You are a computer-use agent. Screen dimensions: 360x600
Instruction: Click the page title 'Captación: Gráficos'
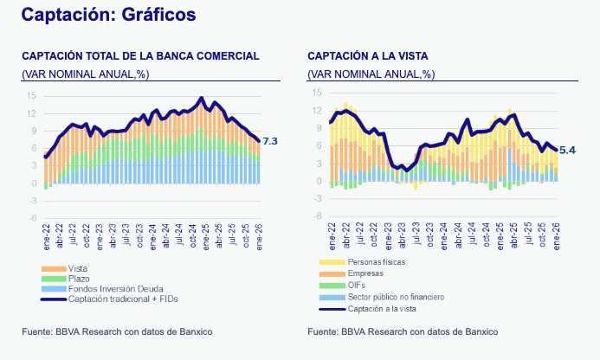point(108,15)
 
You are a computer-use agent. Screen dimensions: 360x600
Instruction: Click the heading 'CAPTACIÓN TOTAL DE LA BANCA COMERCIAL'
point(140,55)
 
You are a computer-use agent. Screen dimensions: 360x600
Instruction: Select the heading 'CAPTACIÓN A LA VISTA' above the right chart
point(367,55)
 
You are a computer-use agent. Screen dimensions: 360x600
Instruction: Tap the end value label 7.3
point(270,141)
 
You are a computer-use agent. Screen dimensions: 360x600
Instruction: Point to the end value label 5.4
point(567,151)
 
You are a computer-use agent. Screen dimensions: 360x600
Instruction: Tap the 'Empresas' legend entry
point(367,273)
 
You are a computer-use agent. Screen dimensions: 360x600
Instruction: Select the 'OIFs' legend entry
point(358,285)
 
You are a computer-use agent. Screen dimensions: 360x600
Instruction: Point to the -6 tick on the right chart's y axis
point(318,216)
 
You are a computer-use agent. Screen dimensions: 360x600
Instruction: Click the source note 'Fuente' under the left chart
point(117,331)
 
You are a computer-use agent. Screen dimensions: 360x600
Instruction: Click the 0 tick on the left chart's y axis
point(33,183)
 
